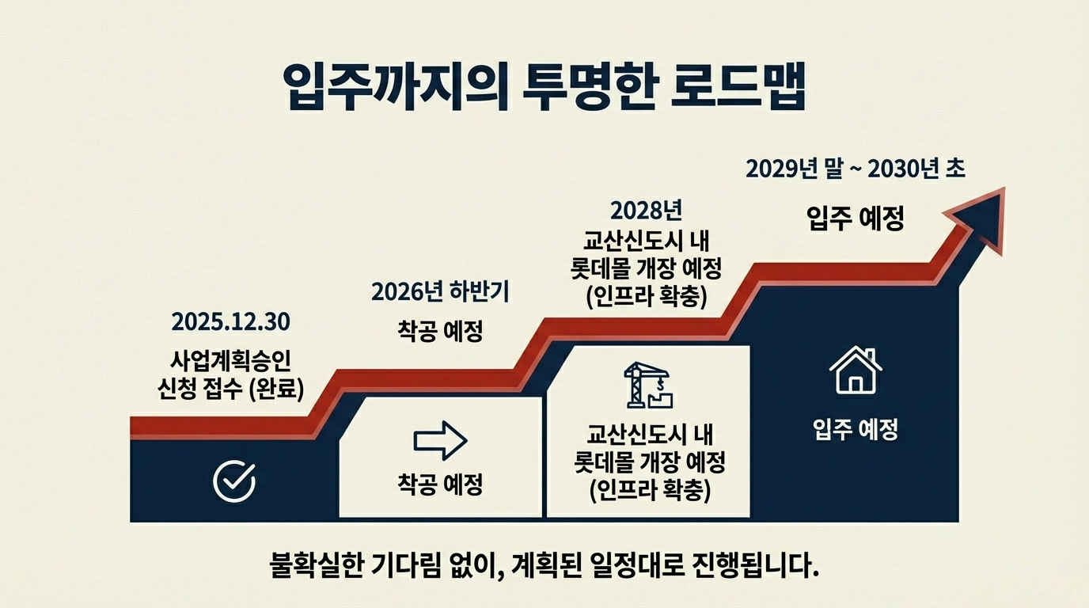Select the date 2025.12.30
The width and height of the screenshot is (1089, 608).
230,322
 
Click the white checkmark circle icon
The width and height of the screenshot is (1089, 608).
234,481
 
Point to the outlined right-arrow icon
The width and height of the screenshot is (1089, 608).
440,441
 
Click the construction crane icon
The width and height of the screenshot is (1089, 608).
648,385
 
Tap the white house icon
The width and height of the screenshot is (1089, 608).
856,370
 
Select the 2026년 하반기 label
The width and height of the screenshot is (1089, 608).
440,292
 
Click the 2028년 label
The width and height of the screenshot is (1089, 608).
646,211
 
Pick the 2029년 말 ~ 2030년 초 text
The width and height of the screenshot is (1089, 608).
856,169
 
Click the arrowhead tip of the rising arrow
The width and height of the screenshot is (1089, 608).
1004,188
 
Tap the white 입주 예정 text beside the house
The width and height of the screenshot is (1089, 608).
856,430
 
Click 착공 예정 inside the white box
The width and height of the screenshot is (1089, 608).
440,484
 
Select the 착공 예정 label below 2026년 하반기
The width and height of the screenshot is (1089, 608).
440,332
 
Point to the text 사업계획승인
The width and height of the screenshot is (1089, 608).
230,360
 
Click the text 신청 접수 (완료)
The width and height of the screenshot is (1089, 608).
230,389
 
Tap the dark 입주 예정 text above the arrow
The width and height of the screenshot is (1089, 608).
856,218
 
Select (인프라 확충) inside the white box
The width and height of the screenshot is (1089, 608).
650,490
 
